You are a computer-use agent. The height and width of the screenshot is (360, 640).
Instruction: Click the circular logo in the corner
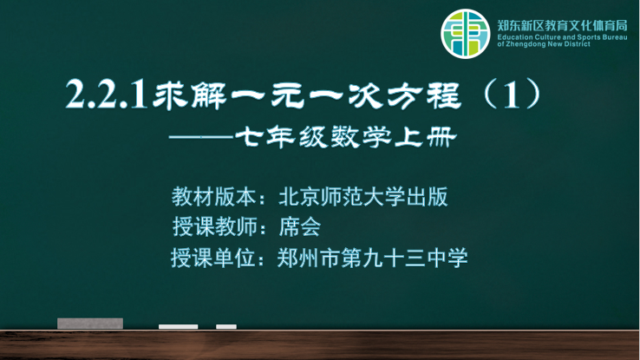(x=466, y=34)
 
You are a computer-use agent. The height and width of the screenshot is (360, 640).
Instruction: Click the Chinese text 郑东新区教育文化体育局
(x=562, y=26)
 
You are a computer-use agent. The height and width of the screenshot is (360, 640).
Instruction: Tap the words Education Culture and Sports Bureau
(x=562, y=37)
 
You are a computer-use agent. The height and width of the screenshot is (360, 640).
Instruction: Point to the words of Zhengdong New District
(x=544, y=44)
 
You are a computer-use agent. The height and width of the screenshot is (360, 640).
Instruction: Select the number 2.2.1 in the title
(x=106, y=95)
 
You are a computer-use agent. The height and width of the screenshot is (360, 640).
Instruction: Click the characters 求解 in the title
(x=190, y=95)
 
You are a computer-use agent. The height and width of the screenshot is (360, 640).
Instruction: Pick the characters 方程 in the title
(x=424, y=95)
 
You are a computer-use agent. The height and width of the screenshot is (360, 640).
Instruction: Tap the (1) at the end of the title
(x=513, y=95)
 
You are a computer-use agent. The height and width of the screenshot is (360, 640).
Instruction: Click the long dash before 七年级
(x=201, y=137)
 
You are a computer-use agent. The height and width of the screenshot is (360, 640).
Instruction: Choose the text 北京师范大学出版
(x=363, y=197)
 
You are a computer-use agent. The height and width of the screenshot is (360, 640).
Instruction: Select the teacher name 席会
(x=299, y=227)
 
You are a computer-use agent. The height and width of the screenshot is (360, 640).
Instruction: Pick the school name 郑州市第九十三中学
(x=372, y=258)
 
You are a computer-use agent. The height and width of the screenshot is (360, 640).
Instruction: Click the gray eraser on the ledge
(x=90, y=324)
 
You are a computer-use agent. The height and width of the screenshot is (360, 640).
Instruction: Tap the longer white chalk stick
(x=179, y=326)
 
